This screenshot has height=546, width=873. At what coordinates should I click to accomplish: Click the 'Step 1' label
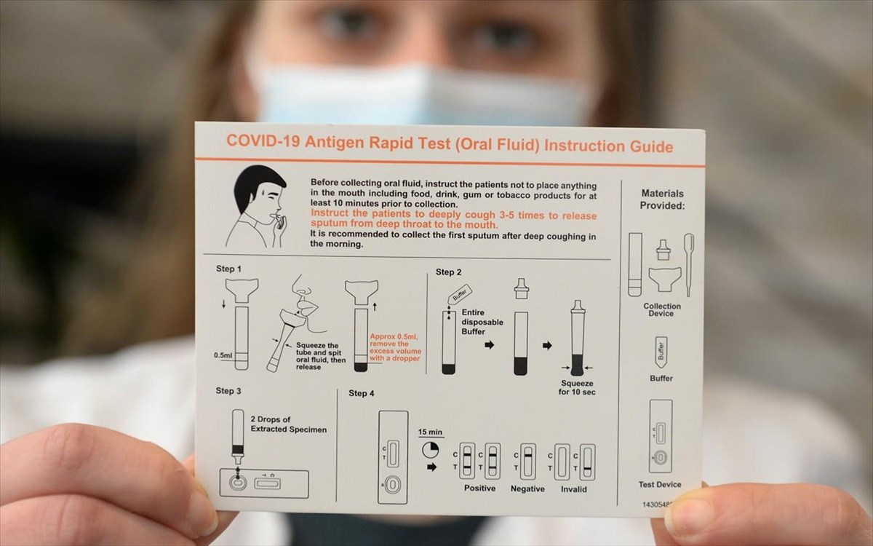[x=230, y=269]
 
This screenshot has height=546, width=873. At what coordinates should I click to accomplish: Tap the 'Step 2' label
[x=449, y=272]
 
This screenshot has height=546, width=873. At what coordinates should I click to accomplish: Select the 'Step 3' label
[x=228, y=391]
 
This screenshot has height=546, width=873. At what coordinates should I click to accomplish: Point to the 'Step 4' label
[x=362, y=394]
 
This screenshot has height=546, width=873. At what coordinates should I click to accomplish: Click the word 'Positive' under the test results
[x=479, y=488]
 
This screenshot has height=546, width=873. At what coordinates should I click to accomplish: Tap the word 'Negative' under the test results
[x=527, y=489]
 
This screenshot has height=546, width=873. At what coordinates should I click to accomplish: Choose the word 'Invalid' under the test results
[x=574, y=489]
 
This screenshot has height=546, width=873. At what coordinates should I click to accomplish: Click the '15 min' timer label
[x=431, y=432]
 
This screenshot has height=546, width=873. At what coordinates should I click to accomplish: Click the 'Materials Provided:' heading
[x=662, y=199]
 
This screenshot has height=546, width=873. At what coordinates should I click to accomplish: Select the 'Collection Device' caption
[x=662, y=310]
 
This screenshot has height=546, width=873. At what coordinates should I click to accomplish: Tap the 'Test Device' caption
[x=660, y=485]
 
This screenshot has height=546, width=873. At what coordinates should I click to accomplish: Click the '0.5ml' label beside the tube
[x=223, y=355]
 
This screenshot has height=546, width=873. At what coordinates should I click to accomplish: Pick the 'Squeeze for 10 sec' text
[x=576, y=387]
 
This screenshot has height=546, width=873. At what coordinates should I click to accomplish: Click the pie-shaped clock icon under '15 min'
[x=431, y=449]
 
